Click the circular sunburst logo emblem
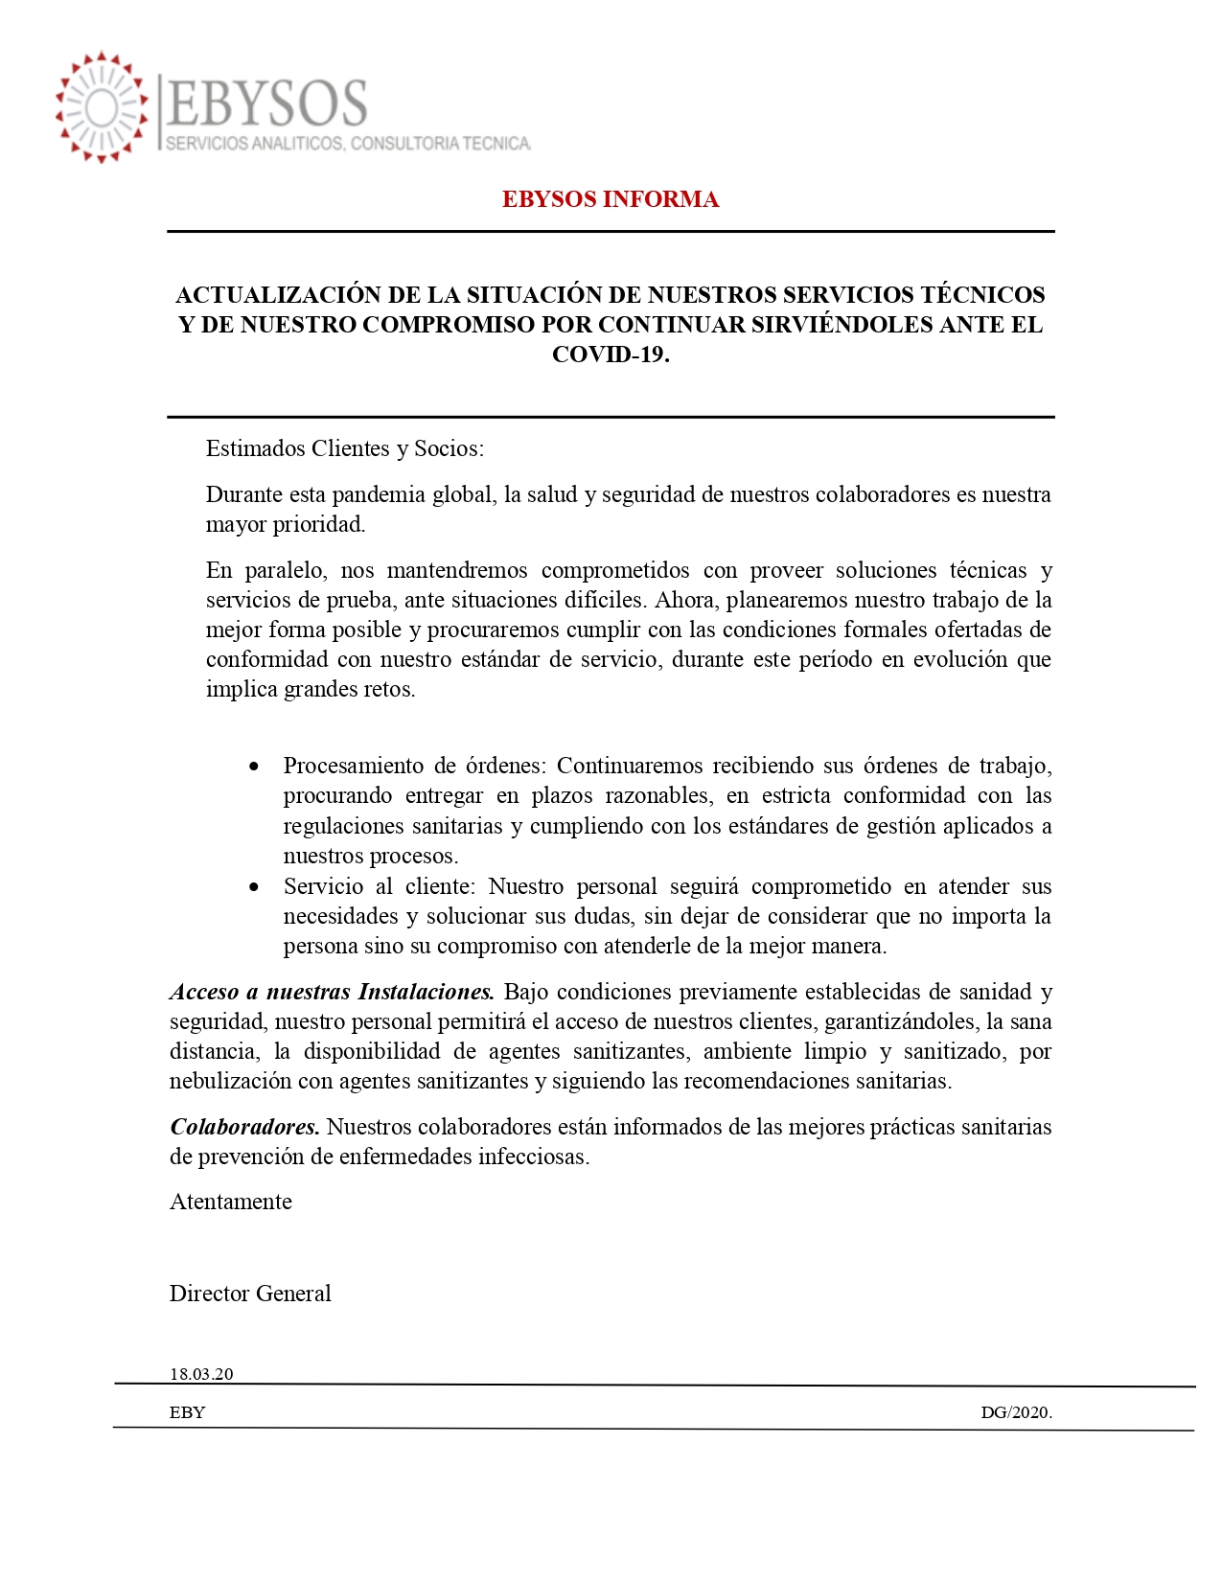pos(102,107)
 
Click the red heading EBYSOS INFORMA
pos(610,199)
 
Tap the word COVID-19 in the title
pos(610,355)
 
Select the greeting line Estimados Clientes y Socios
pos(345,448)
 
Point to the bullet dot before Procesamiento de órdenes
pos(254,767)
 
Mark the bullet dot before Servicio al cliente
pos(254,887)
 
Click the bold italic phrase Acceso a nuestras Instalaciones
pos(332,992)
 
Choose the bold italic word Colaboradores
pos(244,1127)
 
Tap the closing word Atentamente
pos(231,1202)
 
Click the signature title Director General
pos(250,1294)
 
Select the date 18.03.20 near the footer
pos(201,1374)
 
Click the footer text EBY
pos(188,1412)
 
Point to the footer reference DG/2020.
pos(1016,1412)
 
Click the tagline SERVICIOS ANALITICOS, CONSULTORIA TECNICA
pos(348,144)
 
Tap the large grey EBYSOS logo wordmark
pos(267,103)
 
